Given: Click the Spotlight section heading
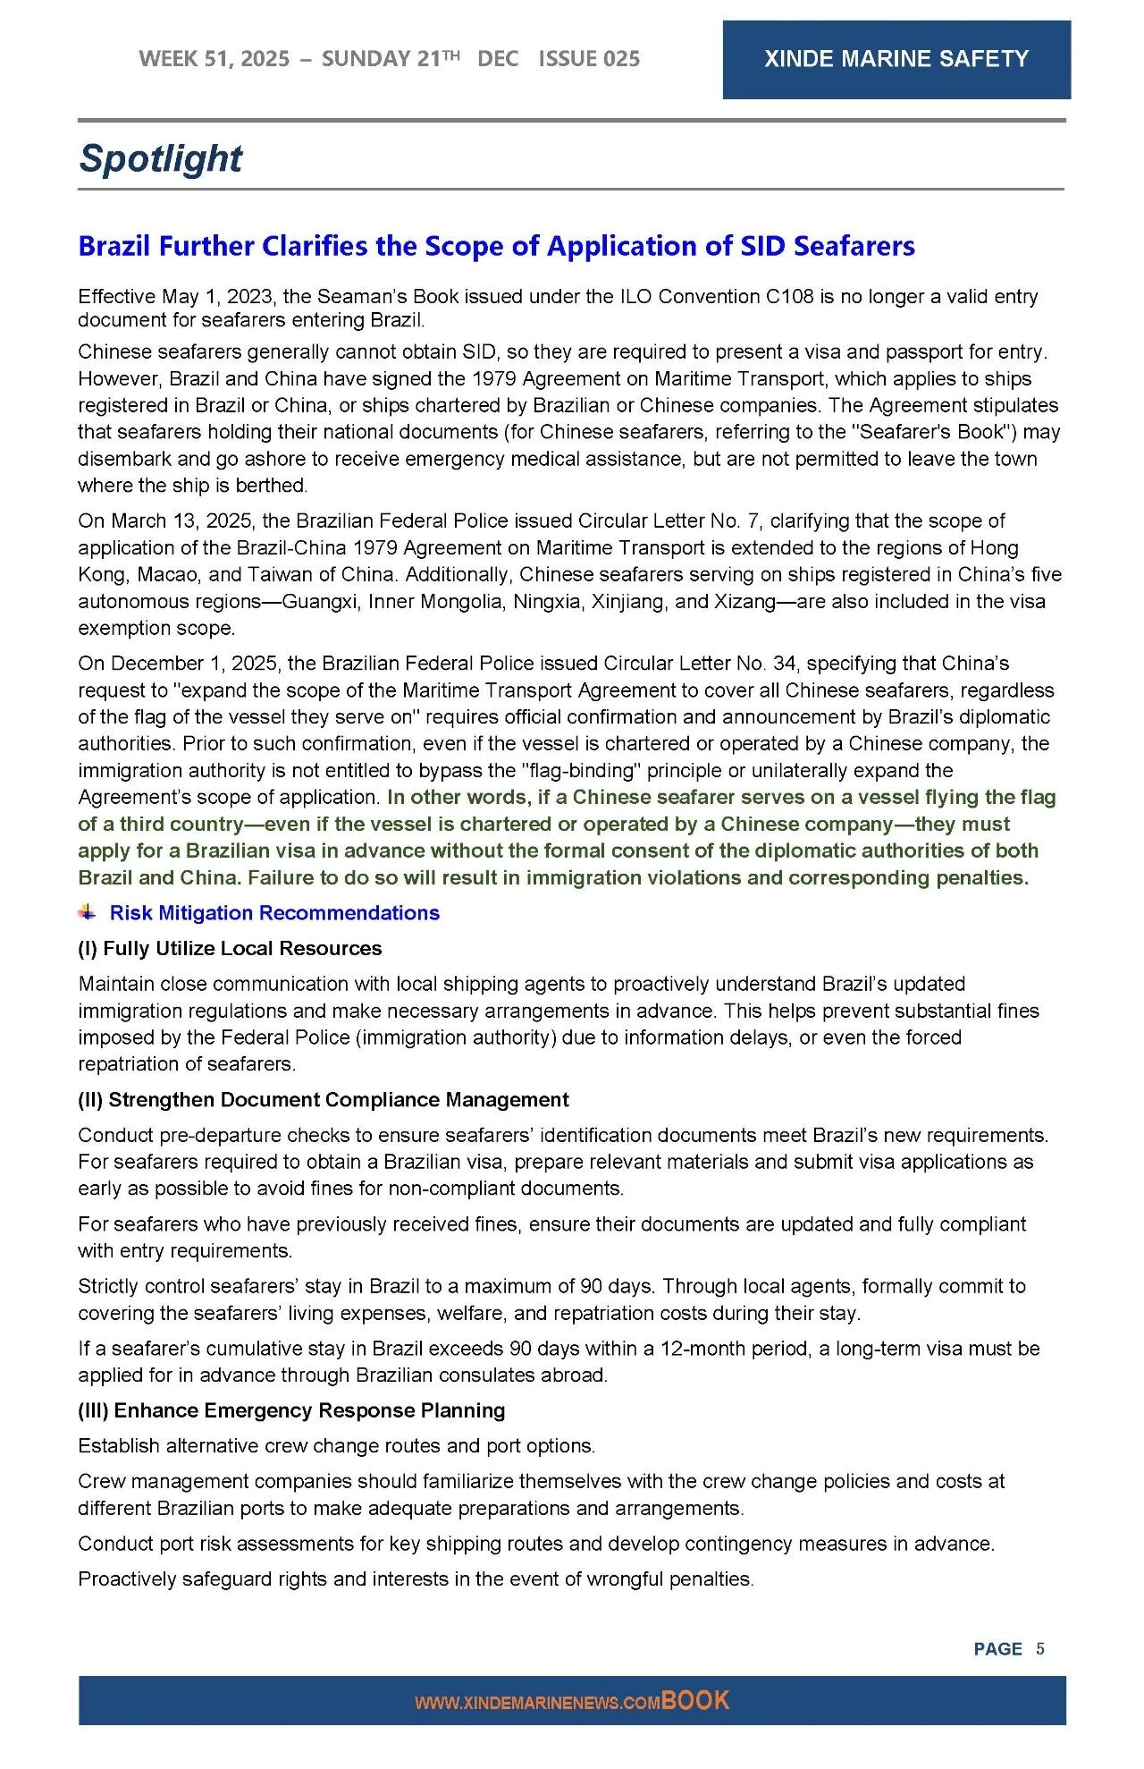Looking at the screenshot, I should tap(160, 158).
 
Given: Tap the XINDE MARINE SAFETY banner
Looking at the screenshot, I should tap(896, 59).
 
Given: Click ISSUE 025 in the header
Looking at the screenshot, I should tap(589, 59).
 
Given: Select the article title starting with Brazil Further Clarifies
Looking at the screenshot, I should tap(496, 246).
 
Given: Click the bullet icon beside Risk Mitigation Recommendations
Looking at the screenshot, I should tap(87, 912).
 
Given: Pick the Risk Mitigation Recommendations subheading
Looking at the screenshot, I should tap(274, 913).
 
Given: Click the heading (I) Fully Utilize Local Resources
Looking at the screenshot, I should tap(230, 948).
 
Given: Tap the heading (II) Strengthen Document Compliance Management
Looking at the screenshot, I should tap(323, 1099).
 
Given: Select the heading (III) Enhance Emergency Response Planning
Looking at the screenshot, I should tap(291, 1410).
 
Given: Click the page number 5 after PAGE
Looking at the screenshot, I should tap(1039, 1648).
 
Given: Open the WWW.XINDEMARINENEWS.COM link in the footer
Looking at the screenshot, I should tap(537, 1703).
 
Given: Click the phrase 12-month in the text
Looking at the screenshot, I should tap(699, 1348).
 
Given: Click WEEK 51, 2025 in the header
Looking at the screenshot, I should tap(214, 59).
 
